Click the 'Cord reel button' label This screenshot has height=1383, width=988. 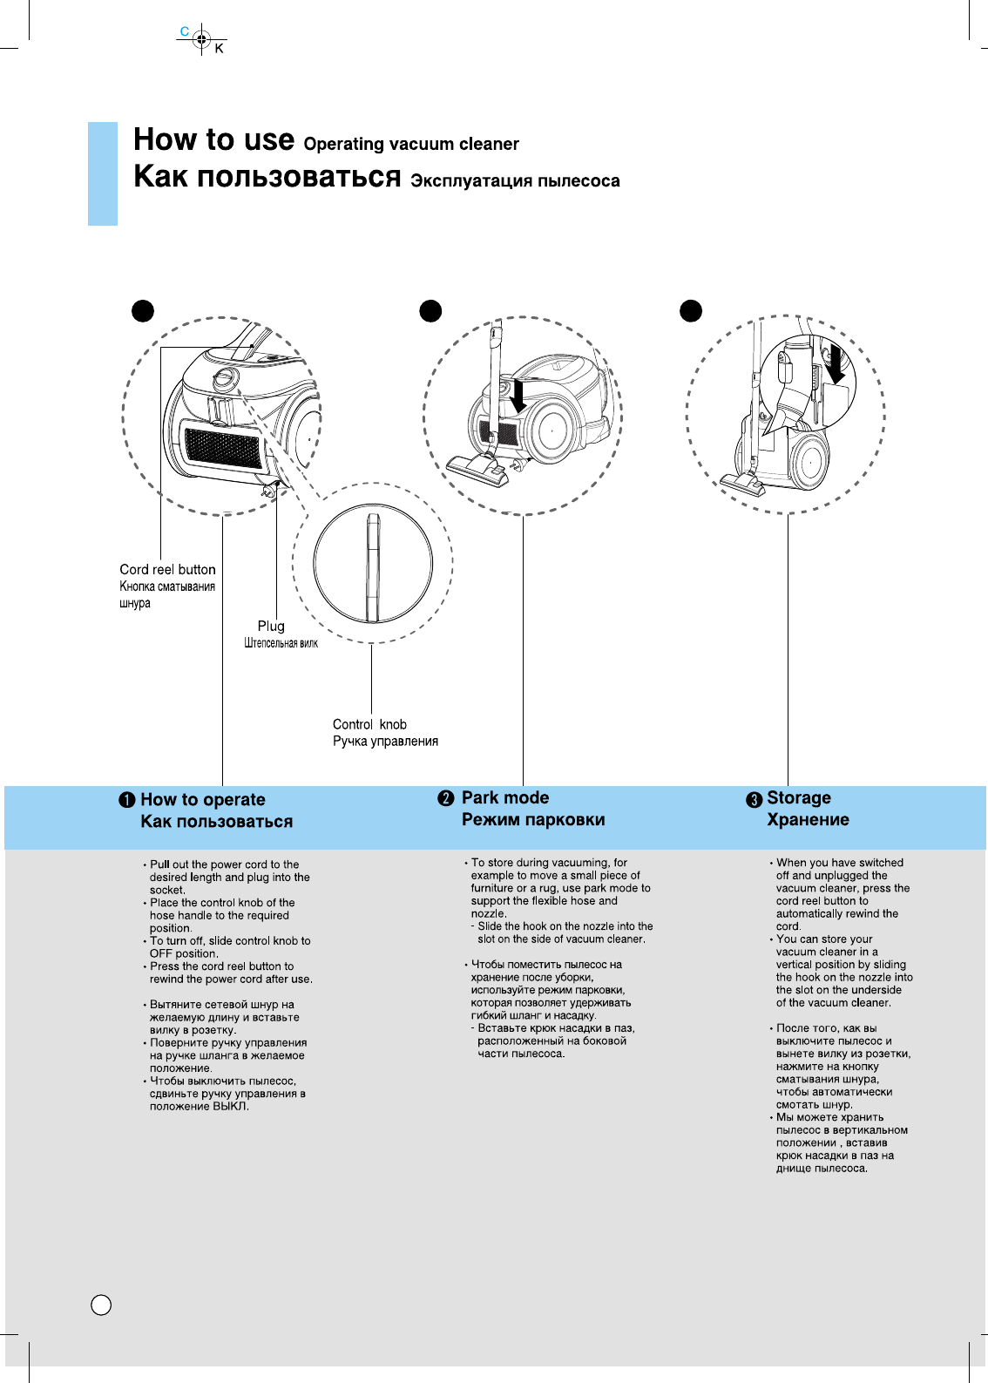[x=167, y=569]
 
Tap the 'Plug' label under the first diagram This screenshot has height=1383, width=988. [x=271, y=626]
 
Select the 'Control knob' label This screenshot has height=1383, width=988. [x=369, y=724]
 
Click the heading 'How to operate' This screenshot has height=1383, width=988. [x=202, y=799]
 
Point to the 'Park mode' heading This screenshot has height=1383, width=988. [x=504, y=797]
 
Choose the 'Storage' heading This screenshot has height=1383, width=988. [x=798, y=797]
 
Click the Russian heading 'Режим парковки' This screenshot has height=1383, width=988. [x=532, y=819]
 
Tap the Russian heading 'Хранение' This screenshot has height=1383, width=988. [x=808, y=819]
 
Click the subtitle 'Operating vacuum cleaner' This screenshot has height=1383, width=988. [x=411, y=144]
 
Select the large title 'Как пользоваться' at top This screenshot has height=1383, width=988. [x=267, y=177]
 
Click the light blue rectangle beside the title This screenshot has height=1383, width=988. [x=103, y=173]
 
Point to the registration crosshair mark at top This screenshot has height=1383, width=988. [x=201, y=39]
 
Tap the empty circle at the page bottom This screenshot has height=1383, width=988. [x=101, y=1305]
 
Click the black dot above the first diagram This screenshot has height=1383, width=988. [x=143, y=311]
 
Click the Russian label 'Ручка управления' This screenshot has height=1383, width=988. [x=385, y=741]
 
